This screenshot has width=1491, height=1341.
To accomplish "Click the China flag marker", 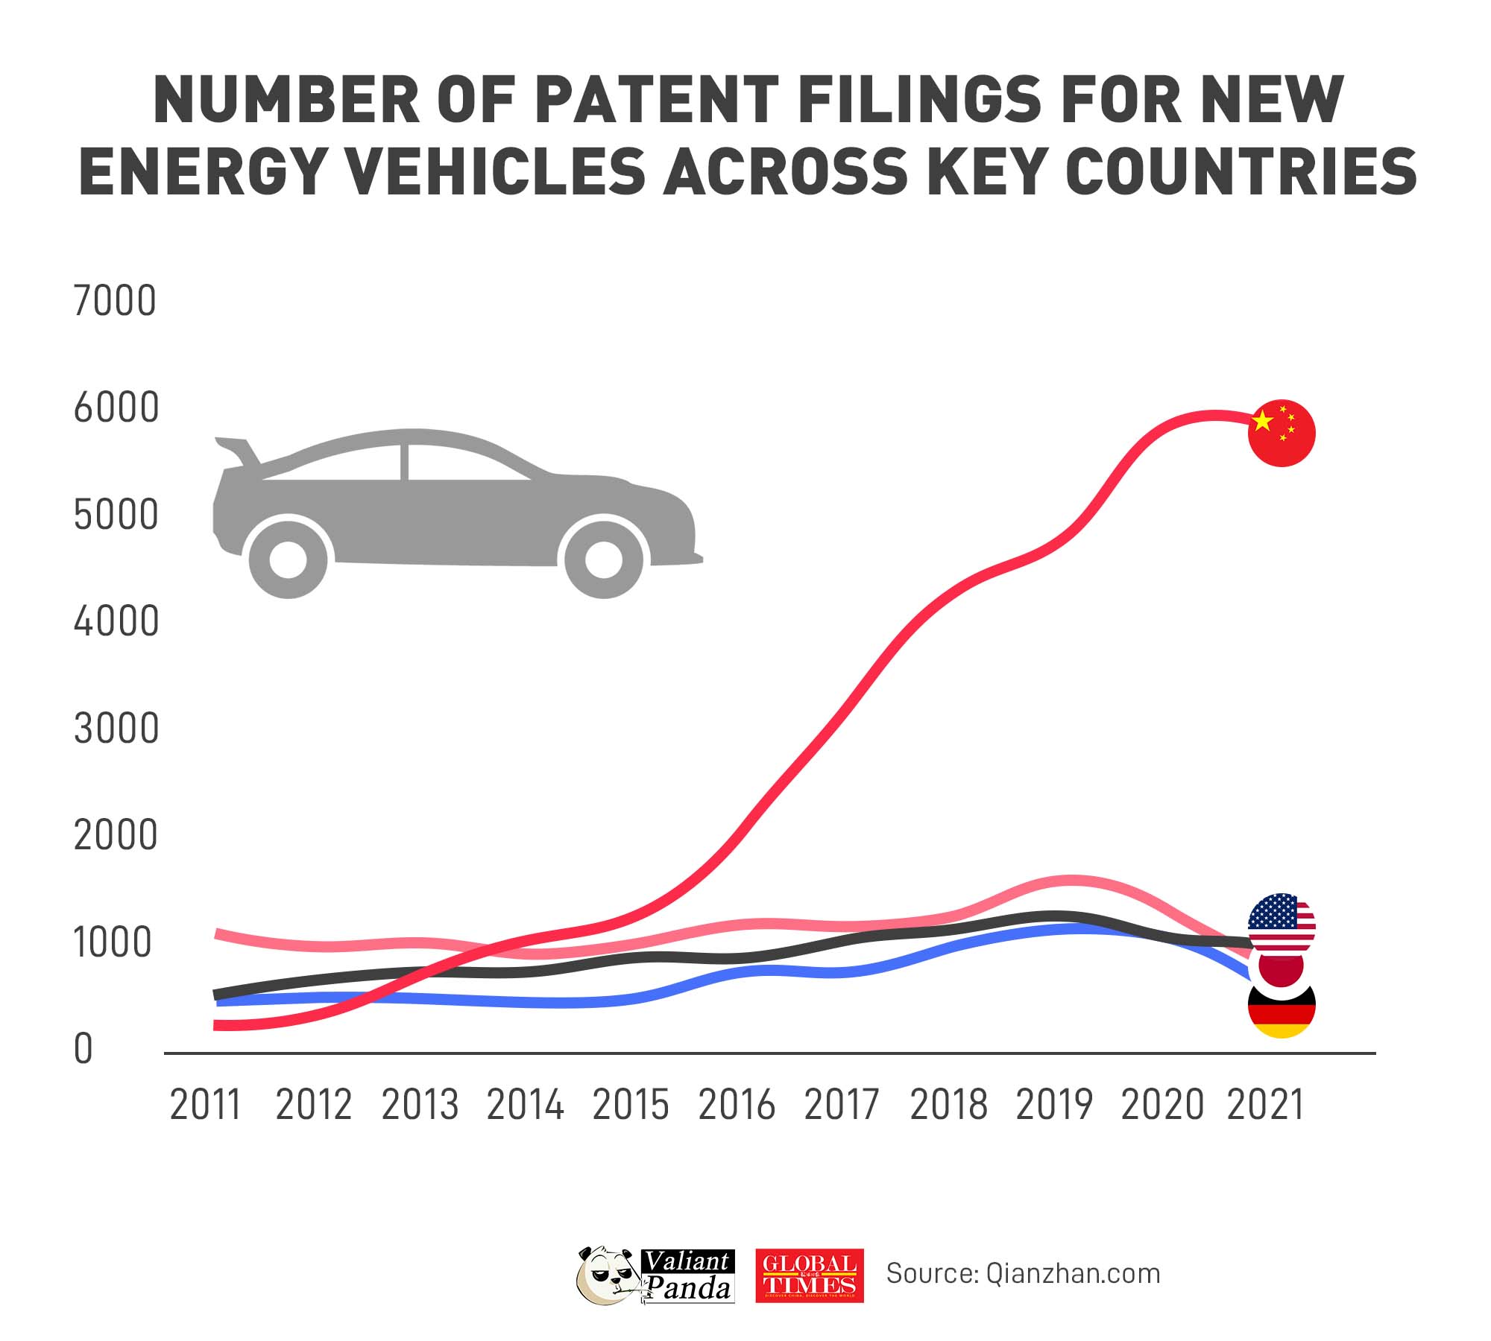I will pyautogui.click(x=1282, y=433).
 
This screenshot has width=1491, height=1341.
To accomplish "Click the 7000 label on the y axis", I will pyautogui.click(x=115, y=302).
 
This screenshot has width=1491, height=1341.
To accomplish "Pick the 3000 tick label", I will pyautogui.click(x=116, y=729).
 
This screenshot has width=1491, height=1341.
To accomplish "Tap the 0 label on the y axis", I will pyautogui.click(x=83, y=1049).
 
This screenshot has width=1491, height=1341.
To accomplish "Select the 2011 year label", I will pyautogui.click(x=206, y=1105).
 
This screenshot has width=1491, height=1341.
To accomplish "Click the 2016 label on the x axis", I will pyautogui.click(x=736, y=1105).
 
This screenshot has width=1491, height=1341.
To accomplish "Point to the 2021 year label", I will pyautogui.click(x=1265, y=1105).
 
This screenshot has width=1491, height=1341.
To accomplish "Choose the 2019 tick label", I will pyautogui.click(x=1053, y=1105).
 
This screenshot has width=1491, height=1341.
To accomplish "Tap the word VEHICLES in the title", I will pyautogui.click(x=497, y=172).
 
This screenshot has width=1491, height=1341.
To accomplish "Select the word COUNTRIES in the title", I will pyautogui.click(x=1241, y=172).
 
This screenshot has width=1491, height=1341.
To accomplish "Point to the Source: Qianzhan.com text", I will pyautogui.click(x=1023, y=1274).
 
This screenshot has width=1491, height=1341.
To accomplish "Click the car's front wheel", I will pyautogui.click(x=603, y=559).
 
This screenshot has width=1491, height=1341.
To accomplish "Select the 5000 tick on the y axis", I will pyautogui.click(x=116, y=516).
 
